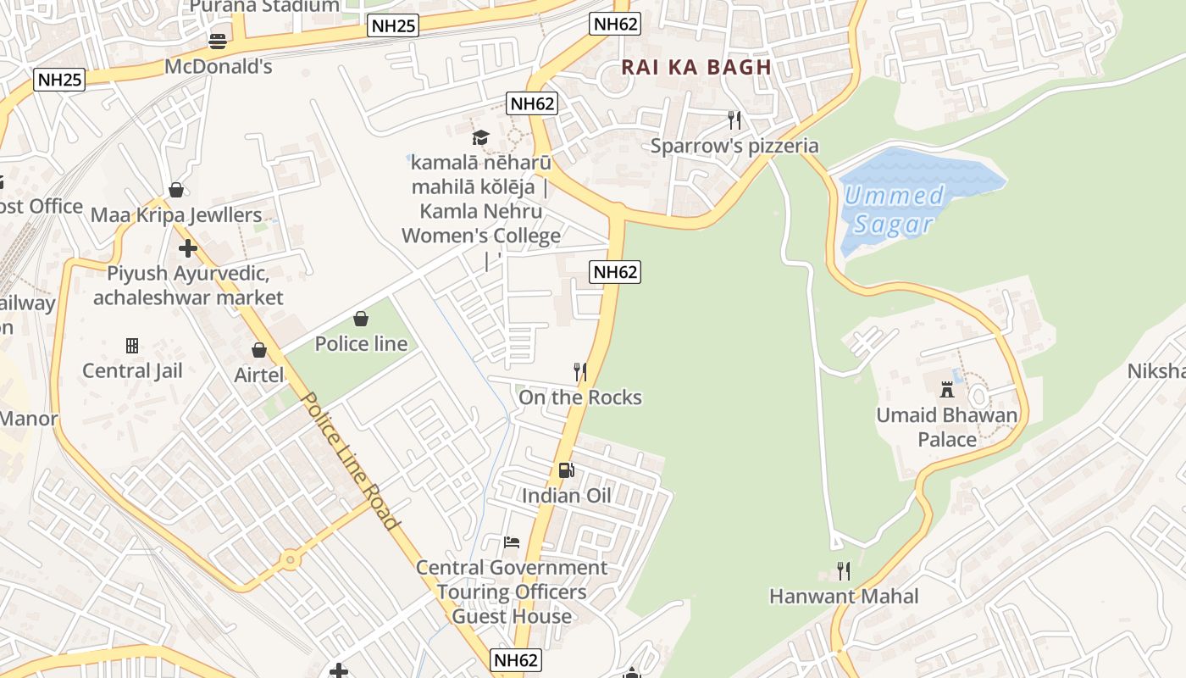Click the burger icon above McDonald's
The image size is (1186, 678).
coord(218,41)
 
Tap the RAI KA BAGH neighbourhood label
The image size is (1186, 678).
coord(696,68)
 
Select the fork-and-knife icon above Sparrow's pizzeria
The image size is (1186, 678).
coord(734,120)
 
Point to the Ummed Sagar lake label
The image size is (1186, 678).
coord(894,210)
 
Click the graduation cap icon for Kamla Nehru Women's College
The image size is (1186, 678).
coord(480,137)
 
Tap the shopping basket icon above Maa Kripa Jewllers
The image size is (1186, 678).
coord(176,190)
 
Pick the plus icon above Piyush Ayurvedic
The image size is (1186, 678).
coord(188,248)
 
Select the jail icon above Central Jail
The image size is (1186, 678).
coord(132,346)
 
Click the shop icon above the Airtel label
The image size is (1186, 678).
coord(259,350)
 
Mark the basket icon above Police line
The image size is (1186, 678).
coord(361,319)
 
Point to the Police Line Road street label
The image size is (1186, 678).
coord(348,461)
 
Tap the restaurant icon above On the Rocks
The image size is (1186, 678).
coord(580,372)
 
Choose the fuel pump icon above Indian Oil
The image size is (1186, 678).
coord(566,470)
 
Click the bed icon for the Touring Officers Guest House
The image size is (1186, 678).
coord(511,542)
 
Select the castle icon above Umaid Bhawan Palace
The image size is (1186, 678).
coord(947,390)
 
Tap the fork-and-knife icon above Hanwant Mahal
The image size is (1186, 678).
coord(843,571)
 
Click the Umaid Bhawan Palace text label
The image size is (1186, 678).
coord(947,427)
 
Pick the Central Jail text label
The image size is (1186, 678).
coord(132,370)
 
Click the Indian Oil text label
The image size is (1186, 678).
coord(566,496)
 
